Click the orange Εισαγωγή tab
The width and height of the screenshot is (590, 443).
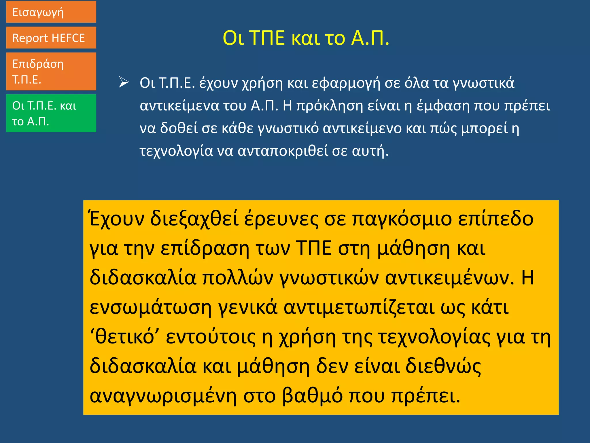click(51, 12)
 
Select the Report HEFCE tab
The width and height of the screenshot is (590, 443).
click(51, 38)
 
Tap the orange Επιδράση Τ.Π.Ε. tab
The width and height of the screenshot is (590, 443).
click(51, 71)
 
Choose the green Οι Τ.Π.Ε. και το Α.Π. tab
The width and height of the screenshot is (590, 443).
click(51, 113)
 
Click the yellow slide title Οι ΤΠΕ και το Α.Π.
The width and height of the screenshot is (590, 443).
click(306, 38)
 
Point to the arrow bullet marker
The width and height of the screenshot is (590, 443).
click(124, 82)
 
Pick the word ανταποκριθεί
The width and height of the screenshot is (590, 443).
click(283, 151)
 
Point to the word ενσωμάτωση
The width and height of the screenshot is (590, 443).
click(151, 307)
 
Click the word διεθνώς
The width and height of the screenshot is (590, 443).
click(443, 366)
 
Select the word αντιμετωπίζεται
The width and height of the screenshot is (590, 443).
click(359, 307)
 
